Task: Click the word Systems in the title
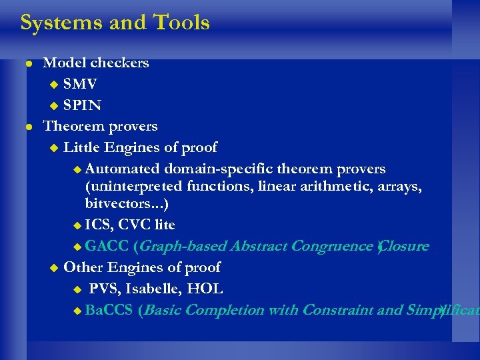(59, 23)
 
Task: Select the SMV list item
(80, 84)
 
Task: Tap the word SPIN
(83, 105)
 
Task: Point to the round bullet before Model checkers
(28, 64)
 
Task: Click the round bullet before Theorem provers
(28, 127)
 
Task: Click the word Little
(81, 147)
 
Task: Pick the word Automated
(123, 169)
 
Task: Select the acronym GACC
(107, 246)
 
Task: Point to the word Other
(83, 267)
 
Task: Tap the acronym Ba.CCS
(109, 310)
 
